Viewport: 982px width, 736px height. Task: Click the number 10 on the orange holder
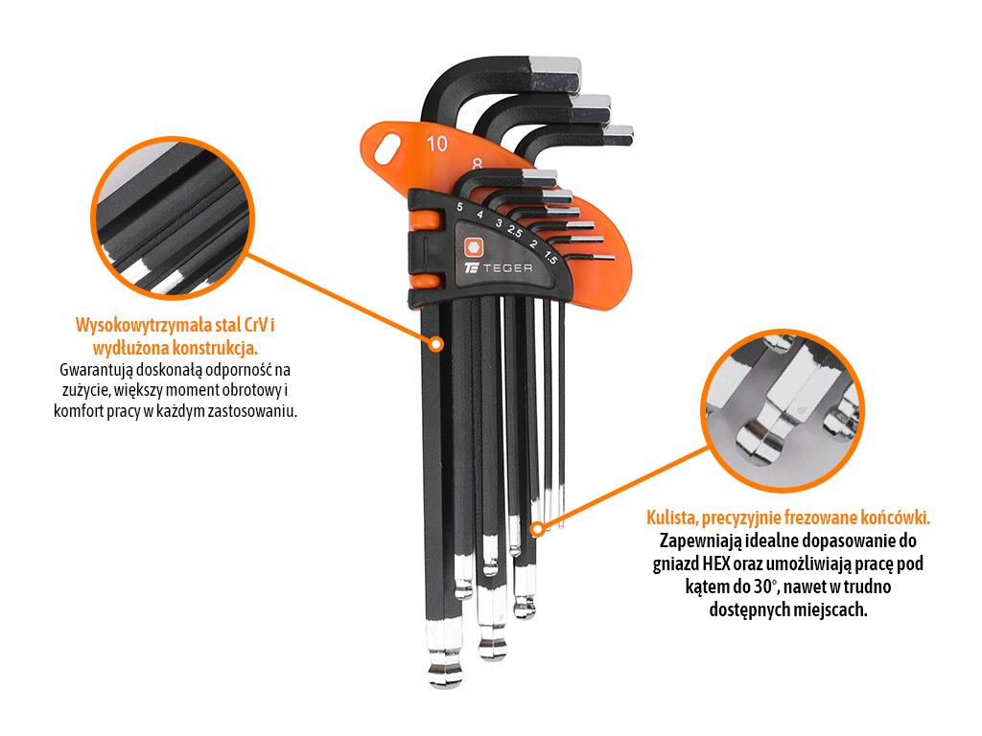[437, 144]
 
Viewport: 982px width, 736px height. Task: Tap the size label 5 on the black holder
[459, 207]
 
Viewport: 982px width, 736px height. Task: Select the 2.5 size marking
[515, 231]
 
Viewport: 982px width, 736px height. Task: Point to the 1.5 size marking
[549, 257]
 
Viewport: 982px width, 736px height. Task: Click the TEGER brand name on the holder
[508, 268]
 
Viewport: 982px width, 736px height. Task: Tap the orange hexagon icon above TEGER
[474, 247]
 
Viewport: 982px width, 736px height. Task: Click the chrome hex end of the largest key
[555, 73]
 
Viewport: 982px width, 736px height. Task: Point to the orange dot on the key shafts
[436, 344]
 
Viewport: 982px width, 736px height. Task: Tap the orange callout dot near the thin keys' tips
[537, 529]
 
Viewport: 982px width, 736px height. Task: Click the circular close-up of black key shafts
[173, 218]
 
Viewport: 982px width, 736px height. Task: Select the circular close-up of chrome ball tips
[783, 410]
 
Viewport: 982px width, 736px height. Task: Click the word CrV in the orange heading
[255, 326]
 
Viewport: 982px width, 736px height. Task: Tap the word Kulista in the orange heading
[671, 517]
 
